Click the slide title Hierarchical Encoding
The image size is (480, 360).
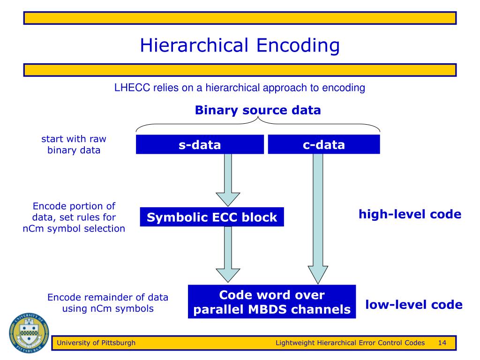click(240, 45)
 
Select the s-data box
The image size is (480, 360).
click(199, 144)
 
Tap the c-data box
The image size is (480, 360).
click(323, 144)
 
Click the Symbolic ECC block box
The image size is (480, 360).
click(212, 217)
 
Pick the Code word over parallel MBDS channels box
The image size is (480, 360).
click(272, 302)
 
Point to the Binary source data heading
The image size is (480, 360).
click(258, 110)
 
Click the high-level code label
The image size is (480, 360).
click(410, 215)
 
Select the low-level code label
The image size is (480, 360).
click(414, 305)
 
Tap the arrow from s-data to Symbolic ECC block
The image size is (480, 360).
click(228, 180)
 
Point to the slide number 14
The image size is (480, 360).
click(442, 343)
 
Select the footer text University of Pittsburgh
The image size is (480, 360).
click(96, 343)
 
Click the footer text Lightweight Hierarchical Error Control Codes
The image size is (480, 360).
click(350, 343)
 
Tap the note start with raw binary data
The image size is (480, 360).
click(74, 144)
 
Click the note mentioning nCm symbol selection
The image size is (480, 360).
click(74, 217)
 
